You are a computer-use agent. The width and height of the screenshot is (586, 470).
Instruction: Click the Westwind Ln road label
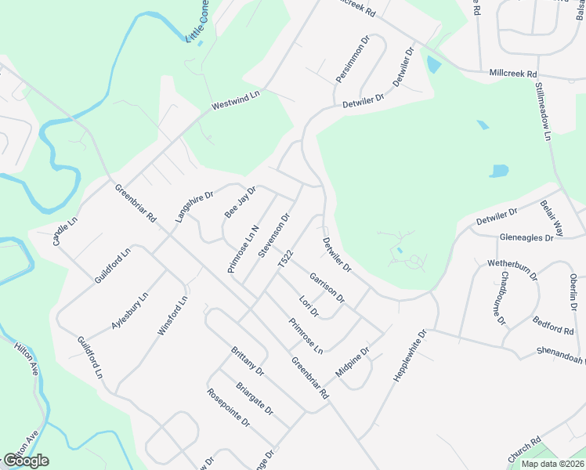(235, 100)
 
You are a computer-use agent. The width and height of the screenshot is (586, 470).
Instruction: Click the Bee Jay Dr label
(241, 202)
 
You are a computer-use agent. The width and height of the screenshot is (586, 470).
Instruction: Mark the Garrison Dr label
(327, 287)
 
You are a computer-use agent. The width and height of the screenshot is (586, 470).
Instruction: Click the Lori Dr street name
(309, 305)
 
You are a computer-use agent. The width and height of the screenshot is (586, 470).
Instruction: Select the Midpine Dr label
(352, 362)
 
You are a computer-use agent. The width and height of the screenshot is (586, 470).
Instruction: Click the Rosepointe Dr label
(228, 407)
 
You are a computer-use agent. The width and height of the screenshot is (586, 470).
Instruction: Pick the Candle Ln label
(66, 232)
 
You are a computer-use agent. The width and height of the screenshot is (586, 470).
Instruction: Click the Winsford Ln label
(173, 316)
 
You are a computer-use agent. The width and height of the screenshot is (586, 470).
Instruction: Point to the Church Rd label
(524, 450)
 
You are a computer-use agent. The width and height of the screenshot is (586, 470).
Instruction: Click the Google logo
(26, 461)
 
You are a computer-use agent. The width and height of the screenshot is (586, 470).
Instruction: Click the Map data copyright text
(552, 464)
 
